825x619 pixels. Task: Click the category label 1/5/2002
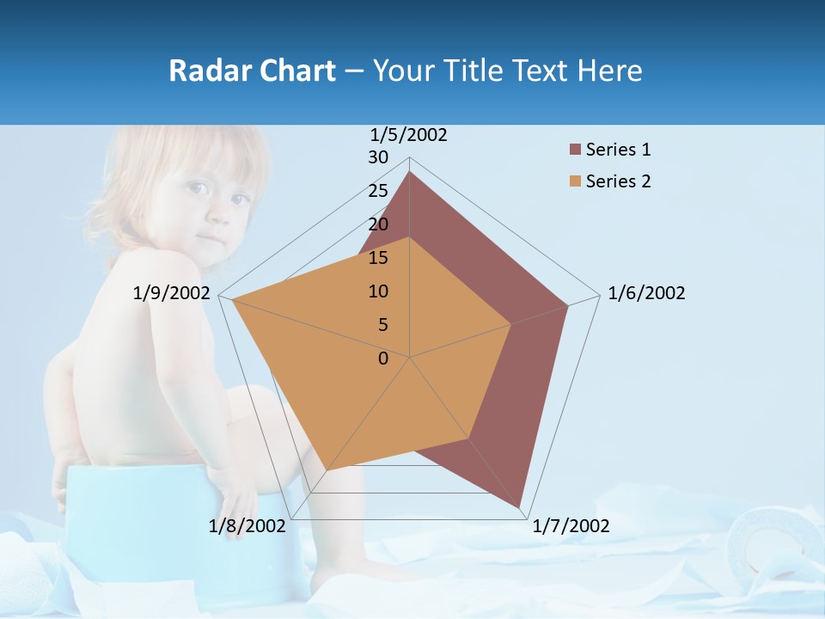point(408,135)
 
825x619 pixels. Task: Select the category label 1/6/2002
point(646,293)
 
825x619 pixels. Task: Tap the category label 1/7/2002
point(571,526)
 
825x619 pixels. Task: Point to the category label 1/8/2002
point(247,526)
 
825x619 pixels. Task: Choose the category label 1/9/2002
point(172,293)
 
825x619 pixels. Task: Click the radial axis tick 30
point(378,157)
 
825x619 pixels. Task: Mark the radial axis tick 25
point(378,191)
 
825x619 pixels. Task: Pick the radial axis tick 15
point(378,258)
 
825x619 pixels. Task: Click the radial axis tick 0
point(383,359)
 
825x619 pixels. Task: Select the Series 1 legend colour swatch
point(575,150)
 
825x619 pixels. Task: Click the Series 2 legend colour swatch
point(575,181)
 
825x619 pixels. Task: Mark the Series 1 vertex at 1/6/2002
point(567,305)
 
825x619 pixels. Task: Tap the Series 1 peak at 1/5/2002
point(409,172)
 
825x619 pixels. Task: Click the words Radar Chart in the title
point(252,70)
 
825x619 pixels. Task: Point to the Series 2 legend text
point(618,181)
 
